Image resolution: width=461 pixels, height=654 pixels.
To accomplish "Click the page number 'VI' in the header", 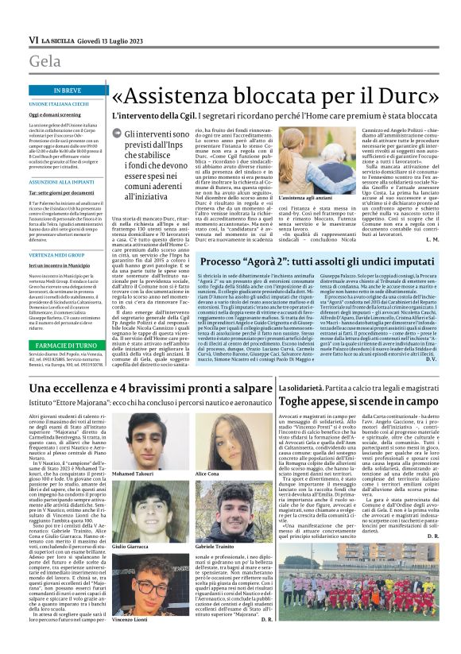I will (x=33, y=39).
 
